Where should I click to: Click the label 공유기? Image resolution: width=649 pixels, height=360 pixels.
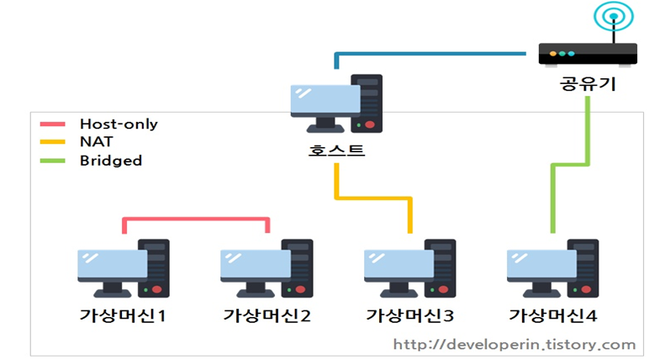click(x=588, y=84)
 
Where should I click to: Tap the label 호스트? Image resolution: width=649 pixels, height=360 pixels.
click(x=336, y=151)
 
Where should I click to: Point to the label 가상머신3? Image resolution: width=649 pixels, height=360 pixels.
click(x=409, y=316)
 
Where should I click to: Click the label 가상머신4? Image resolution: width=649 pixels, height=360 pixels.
click(x=552, y=316)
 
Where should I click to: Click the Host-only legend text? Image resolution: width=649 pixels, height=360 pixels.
click(x=119, y=124)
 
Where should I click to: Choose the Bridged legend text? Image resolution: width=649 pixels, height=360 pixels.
click(x=111, y=160)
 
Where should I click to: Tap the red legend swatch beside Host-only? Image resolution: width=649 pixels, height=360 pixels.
click(x=53, y=124)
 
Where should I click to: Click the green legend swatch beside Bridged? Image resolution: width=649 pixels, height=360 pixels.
click(x=53, y=160)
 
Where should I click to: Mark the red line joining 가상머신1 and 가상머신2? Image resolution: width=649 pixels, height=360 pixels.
click(x=195, y=220)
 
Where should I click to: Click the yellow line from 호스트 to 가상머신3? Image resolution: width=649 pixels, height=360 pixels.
click(x=374, y=199)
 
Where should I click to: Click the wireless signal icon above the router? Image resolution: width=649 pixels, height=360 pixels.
click(x=612, y=17)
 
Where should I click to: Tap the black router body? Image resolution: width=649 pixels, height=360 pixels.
click(x=588, y=55)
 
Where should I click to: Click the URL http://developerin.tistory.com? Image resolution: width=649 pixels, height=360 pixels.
click(x=514, y=344)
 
